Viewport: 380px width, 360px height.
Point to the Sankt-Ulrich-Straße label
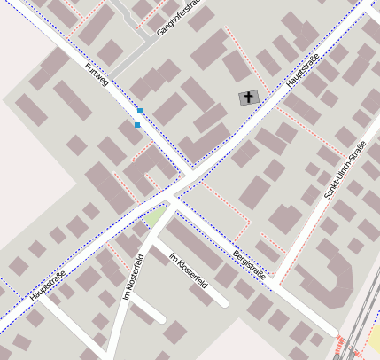tap(345, 169)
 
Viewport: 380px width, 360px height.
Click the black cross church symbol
tap(249, 98)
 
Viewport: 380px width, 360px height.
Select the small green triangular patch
tap(156, 215)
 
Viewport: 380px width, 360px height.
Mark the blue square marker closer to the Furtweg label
tap(139, 111)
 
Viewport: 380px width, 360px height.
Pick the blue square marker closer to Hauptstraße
tap(137, 125)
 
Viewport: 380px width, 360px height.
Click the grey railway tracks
tap(359, 328)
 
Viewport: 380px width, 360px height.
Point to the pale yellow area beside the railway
tap(374, 338)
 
